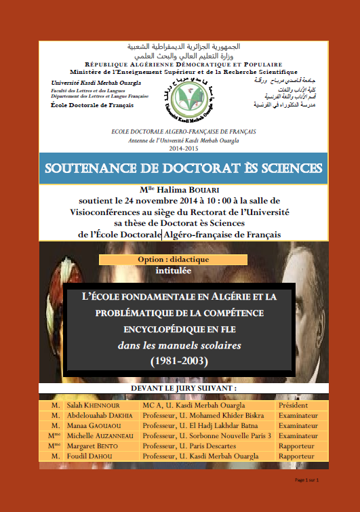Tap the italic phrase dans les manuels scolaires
179,345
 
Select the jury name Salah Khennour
92,405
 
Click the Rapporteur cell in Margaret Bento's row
296,446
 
